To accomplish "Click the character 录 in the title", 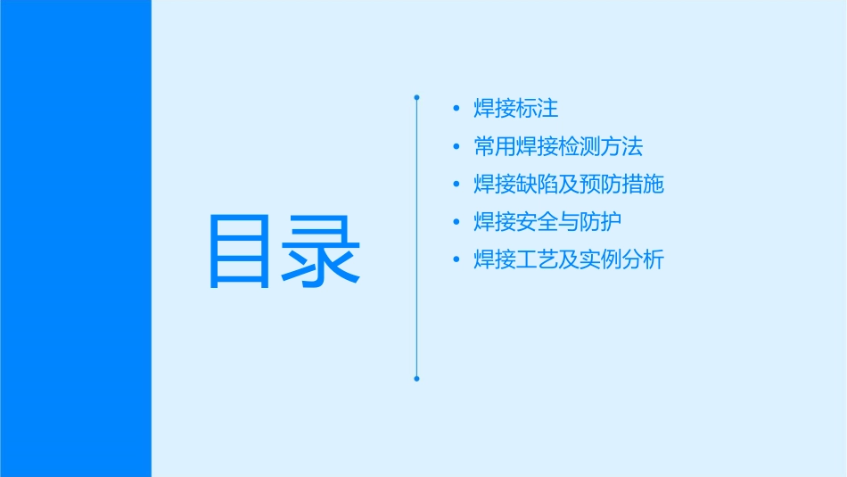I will tap(323, 251).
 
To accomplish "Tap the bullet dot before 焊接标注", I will tap(457, 109).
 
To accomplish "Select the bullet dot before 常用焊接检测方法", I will tap(457, 146).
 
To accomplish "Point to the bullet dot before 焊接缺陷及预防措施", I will tap(457, 185).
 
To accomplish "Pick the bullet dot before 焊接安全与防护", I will tap(457, 222).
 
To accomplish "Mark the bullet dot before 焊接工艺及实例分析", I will tap(457, 260).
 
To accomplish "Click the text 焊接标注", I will tap(516, 109).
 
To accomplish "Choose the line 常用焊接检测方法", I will tap(558, 146).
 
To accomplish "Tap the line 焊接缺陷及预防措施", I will tap(569, 185).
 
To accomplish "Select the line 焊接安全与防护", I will tap(547, 222).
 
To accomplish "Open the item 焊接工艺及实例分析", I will tap(569, 260).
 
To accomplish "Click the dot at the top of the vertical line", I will tap(416, 96).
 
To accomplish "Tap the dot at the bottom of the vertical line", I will tap(416, 379).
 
